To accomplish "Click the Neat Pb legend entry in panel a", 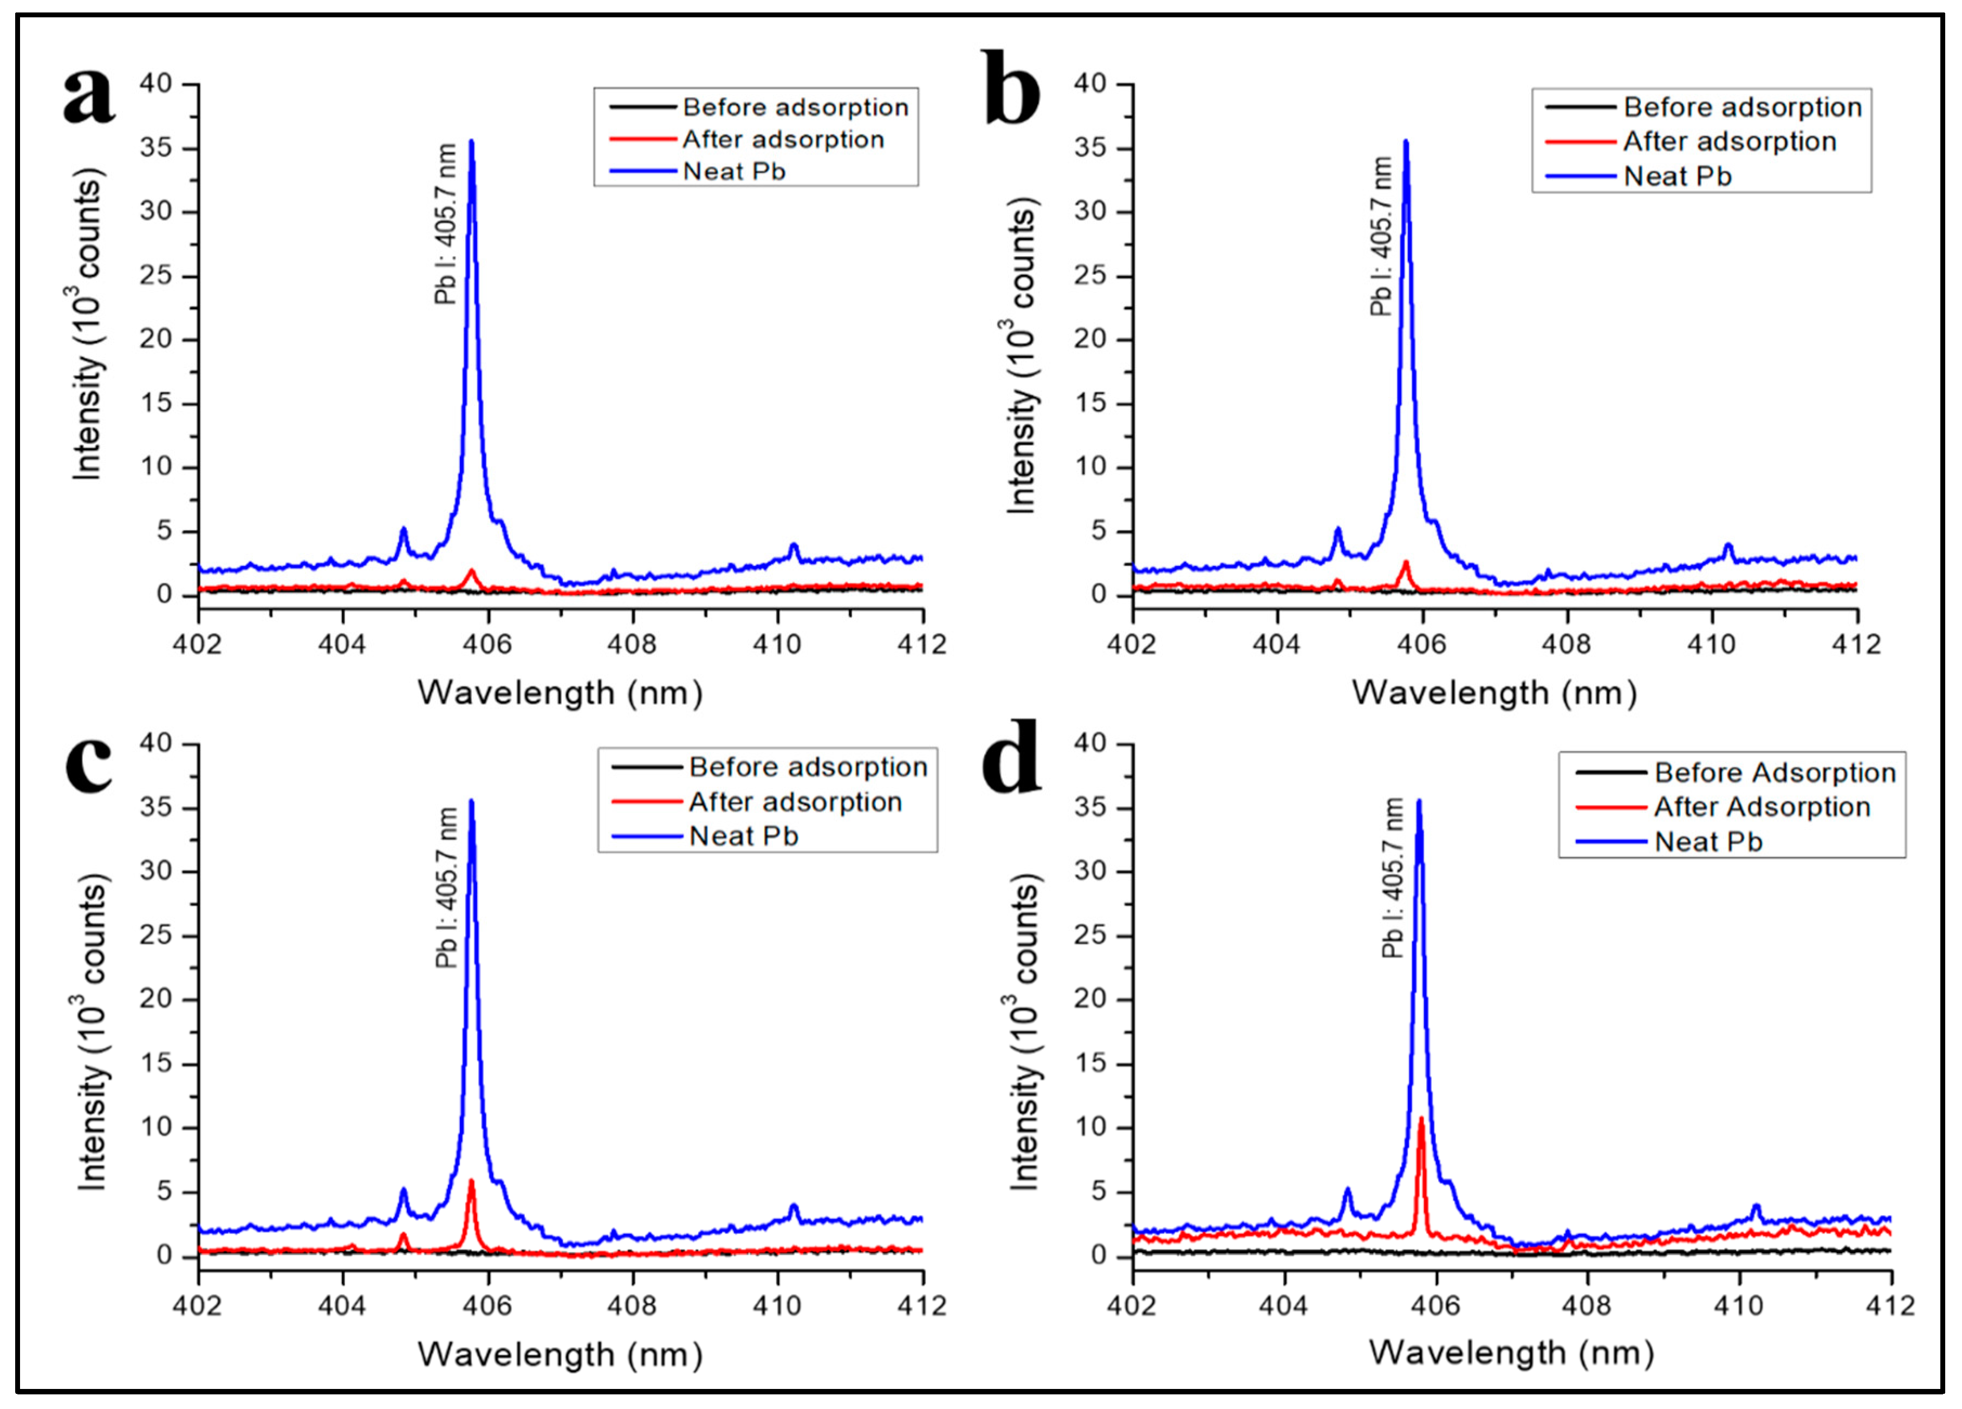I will point(733,171).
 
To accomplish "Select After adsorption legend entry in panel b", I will point(1729,141).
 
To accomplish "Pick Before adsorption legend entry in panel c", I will point(807,767).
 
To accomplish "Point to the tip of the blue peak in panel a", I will point(471,141).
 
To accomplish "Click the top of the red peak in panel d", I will point(1420,1119).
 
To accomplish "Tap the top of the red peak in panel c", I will point(471,1180).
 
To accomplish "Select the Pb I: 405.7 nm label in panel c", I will point(446,887).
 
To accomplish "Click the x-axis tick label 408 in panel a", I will point(632,645).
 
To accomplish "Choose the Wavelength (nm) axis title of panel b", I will point(1494,693).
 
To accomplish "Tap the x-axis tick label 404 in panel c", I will point(342,1305).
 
